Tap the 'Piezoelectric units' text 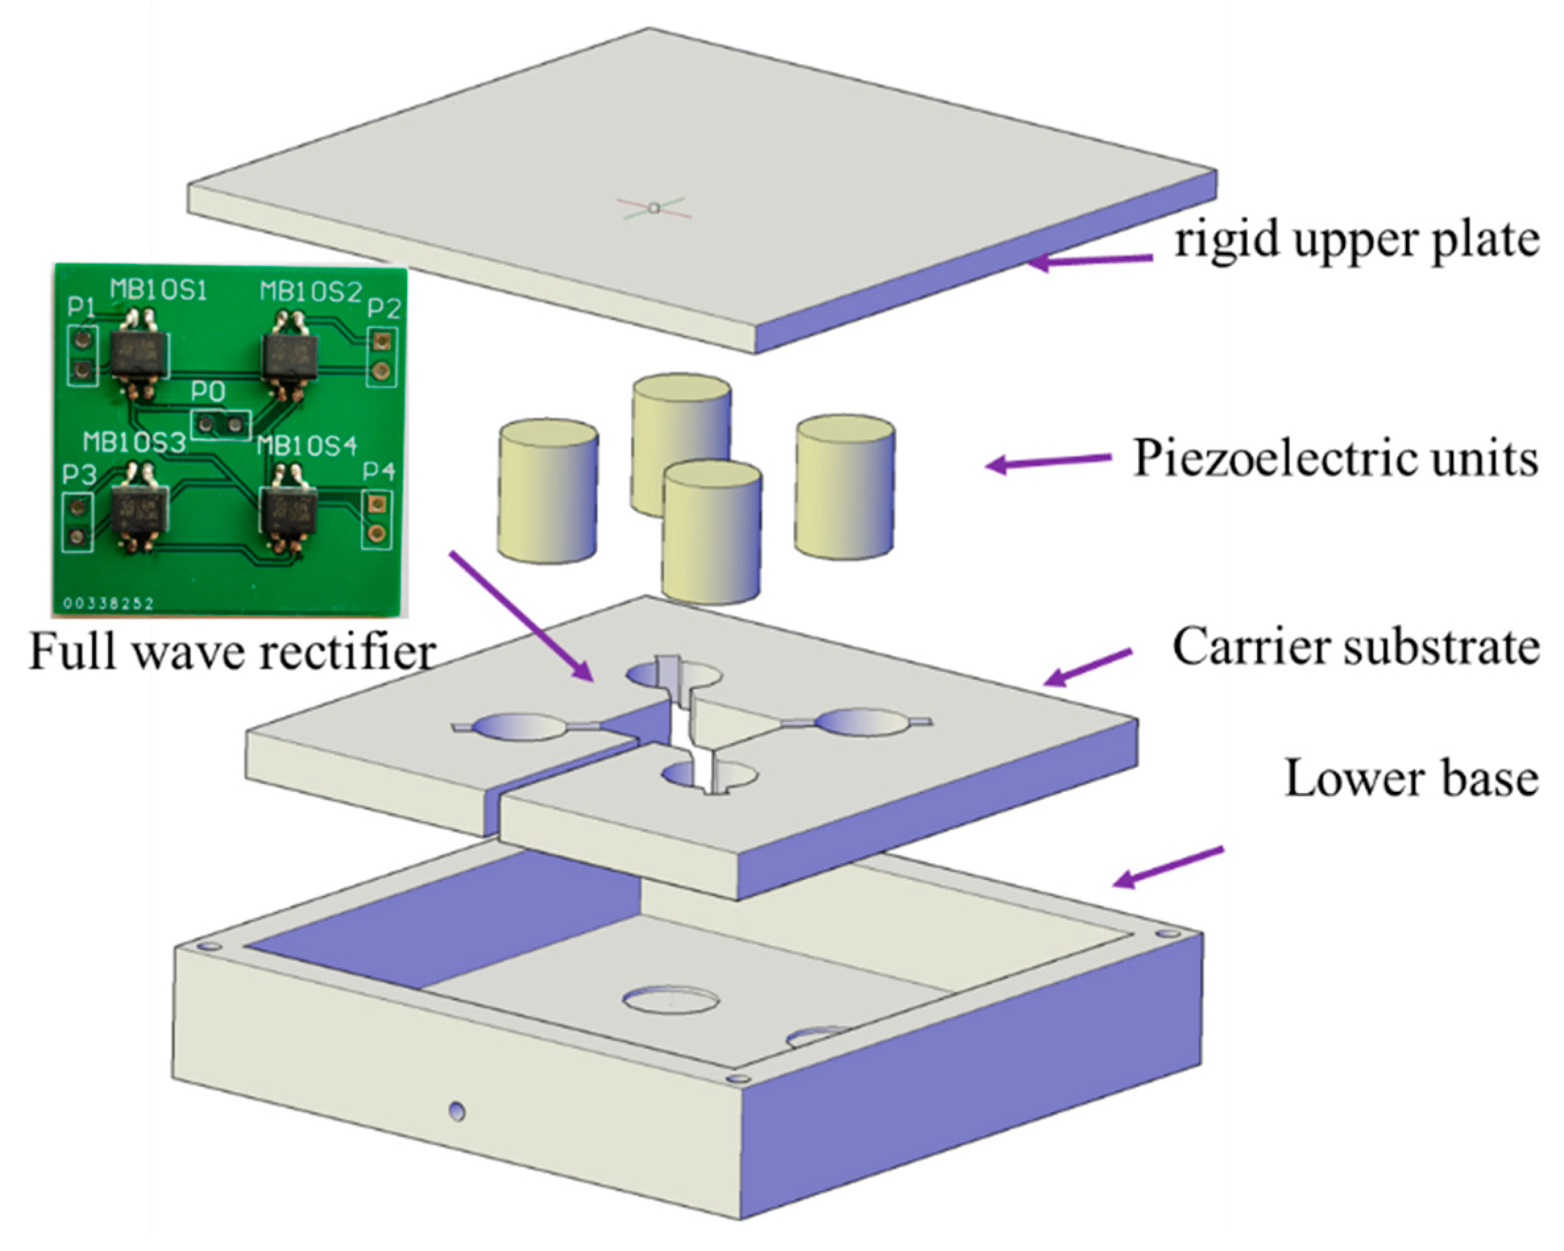pos(1335,459)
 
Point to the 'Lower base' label pos(1411,778)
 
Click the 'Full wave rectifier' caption pos(232,652)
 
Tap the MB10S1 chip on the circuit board pos(138,354)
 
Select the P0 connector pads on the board pos(221,424)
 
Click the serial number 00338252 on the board pos(108,603)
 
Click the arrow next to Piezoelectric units pos(1048,462)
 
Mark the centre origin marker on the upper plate pos(654,208)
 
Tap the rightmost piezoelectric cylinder pos(845,487)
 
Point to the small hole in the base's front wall pos(457,1111)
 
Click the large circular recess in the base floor pos(671,1000)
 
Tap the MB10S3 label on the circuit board pos(134,443)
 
